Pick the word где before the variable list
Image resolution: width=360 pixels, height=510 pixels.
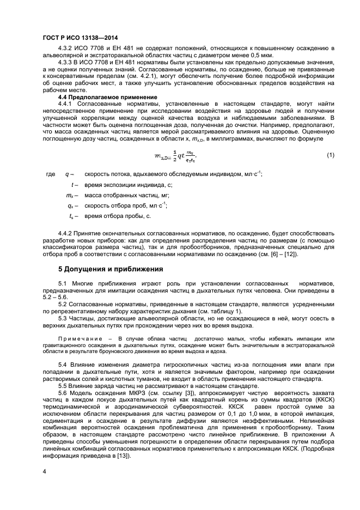coord(51,174)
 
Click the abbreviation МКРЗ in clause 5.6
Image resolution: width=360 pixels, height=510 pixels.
coord(131,393)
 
